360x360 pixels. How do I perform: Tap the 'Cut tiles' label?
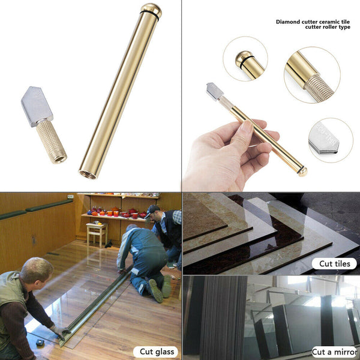(x=334, y=263)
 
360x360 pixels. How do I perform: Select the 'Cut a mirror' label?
(x=335, y=352)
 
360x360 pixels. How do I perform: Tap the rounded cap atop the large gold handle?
(x=151, y=10)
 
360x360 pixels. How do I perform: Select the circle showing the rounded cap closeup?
(x=245, y=59)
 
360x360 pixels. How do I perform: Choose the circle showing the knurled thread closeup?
(x=312, y=75)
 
